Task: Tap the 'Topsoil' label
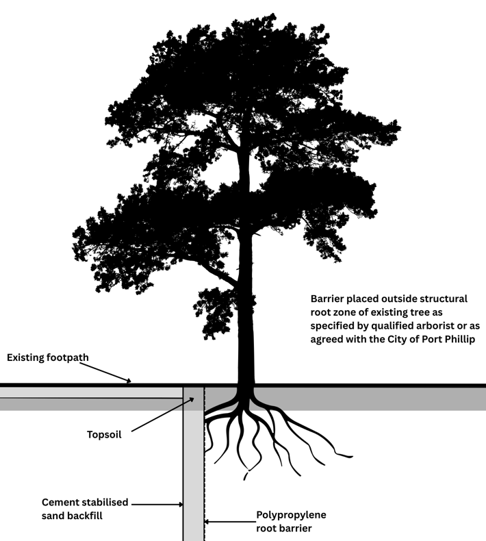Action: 104,433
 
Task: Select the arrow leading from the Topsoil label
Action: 161,415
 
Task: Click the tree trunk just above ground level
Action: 246,370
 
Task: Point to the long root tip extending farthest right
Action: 350,455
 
